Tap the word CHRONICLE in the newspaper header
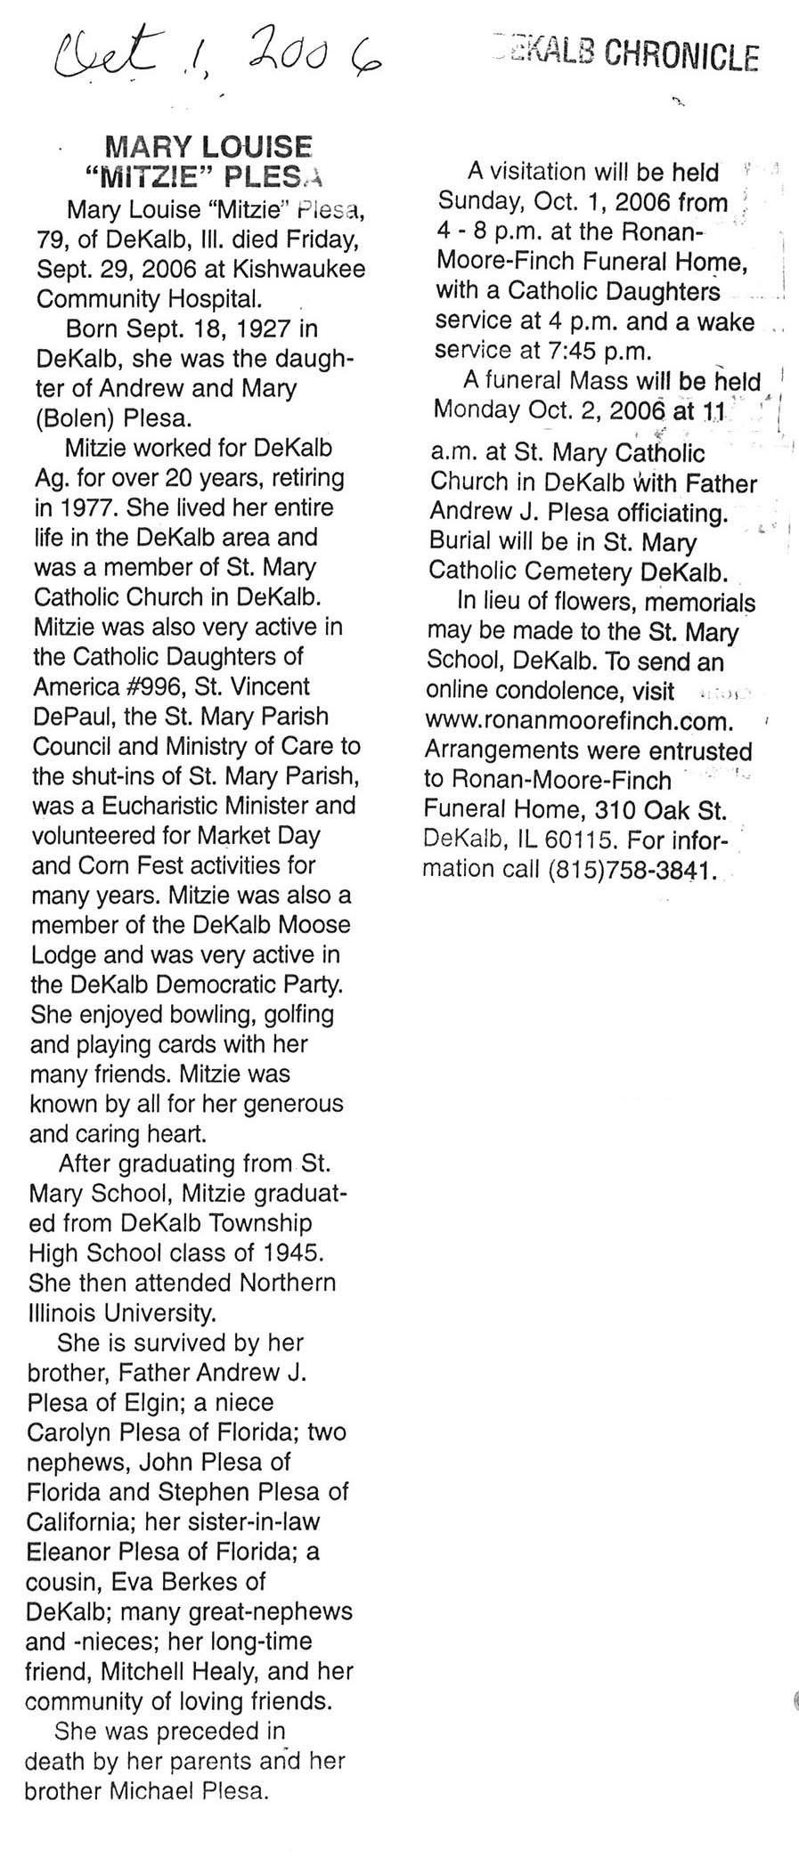point(681,57)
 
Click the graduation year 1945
point(290,1253)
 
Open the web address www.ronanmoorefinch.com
point(580,721)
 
